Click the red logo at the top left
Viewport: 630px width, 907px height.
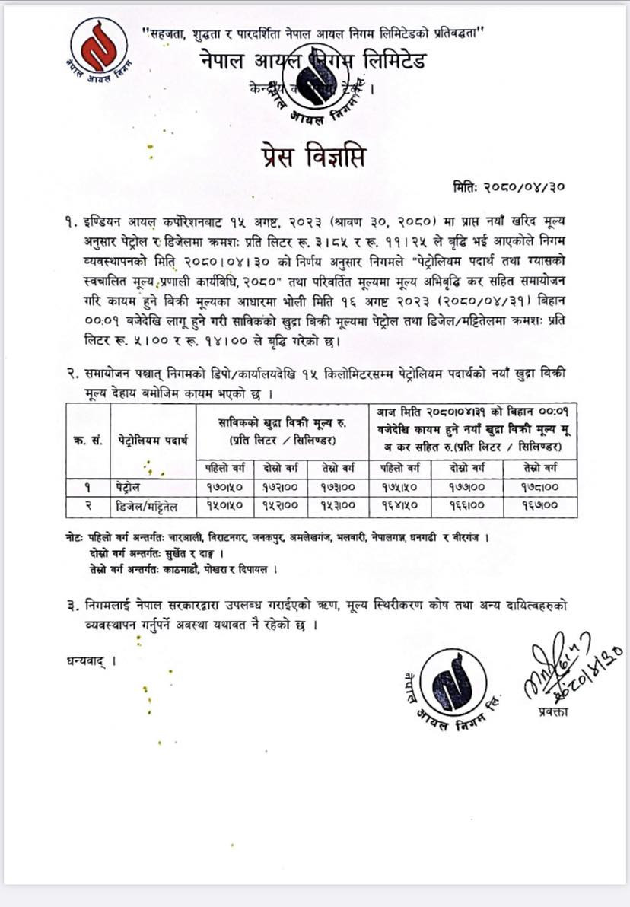[x=100, y=49]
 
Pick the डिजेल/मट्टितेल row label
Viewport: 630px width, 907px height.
[x=150, y=504]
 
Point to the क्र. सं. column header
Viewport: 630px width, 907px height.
[x=89, y=441]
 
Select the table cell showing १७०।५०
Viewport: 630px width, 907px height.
[x=221, y=485]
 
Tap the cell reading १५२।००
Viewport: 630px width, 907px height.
[x=279, y=504]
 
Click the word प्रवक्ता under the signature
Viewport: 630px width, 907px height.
[x=555, y=711]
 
